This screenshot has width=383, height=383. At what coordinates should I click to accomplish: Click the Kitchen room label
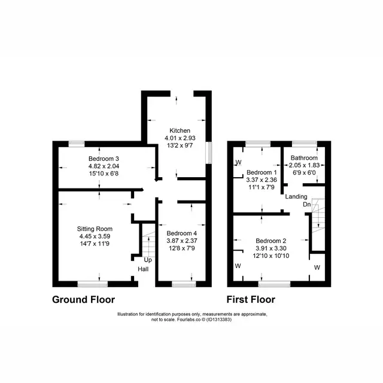[x=180, y=130]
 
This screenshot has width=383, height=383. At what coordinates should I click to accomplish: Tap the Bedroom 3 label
[x=104, y=159]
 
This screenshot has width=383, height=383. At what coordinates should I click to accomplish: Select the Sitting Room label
[x=95, y=229]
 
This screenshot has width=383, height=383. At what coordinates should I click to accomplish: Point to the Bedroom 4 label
[x=182, y=233]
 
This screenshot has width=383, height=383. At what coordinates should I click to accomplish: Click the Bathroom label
[x=304, y=158]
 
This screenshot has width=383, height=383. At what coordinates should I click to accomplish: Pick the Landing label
[x=296, y=196]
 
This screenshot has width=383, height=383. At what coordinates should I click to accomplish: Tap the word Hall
[x=143, y=269]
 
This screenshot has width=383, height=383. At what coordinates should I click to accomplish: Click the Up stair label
[x=148, y=260]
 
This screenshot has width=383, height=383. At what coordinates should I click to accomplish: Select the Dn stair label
[x=307, y=204]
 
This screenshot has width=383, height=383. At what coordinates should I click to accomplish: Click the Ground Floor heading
[x=84, y=299]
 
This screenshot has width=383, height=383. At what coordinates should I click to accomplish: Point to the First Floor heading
[x=251, y=299]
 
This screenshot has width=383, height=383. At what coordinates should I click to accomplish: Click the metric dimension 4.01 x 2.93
[x=180, y=138]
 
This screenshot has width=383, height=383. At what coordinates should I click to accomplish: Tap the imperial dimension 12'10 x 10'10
[x=271, y=256]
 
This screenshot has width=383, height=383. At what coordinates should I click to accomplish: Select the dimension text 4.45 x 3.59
[x=95, y=236]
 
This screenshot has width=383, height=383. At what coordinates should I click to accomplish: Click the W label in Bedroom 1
[x=239, y=162]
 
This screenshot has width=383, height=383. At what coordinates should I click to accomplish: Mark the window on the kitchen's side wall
[x=209, y=153]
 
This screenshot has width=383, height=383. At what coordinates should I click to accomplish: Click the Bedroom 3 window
[x=77, y=144]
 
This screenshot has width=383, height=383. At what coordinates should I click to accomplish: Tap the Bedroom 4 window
[x=184, y=284]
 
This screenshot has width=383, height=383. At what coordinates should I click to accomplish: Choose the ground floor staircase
[x=148, y=244]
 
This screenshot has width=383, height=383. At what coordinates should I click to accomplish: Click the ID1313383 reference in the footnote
[x=218, y=320]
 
